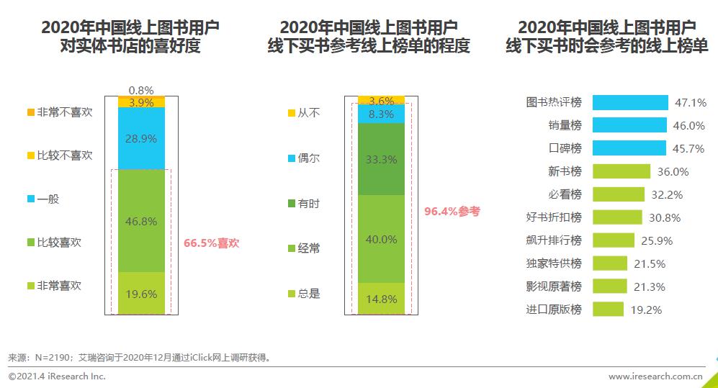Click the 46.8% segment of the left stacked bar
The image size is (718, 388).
(x=141, y=221)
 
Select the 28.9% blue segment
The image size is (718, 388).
(x=141, y=138)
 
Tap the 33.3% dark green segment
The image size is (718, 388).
(x=380, y=159)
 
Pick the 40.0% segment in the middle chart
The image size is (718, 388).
(x=380, y=239)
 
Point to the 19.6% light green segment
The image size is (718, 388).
(x=141, y=293)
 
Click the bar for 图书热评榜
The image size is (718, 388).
(x=630, y=102)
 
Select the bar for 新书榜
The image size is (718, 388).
(x=621, y=171)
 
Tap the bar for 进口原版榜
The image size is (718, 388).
(x=608, y=310)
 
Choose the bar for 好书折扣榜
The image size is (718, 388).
(x=617, y=217)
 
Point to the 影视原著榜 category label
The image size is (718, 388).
(x=554, y=287)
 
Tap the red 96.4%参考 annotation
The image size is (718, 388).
(x=452, y=212)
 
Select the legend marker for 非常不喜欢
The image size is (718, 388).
(x=30, y=112)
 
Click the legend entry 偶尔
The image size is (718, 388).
(x=308, y=158)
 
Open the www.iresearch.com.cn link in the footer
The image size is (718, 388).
(x=655, y=376)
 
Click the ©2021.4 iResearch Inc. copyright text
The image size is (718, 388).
(x=57, y=376)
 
